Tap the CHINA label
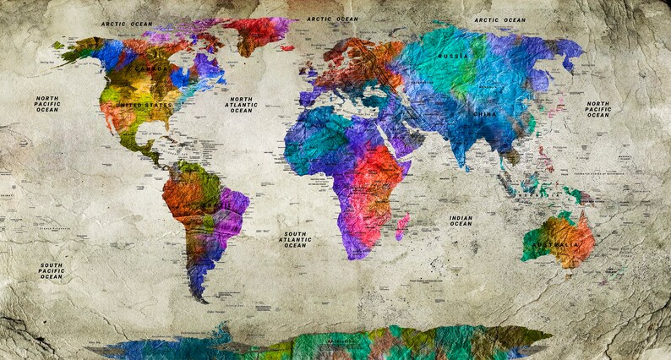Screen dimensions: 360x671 click(x=485, y=113)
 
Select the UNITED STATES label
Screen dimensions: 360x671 click(x=144, y=105)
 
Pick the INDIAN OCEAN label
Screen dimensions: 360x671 click(x=461, y=221)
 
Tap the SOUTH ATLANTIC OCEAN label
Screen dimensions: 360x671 click(x=295, y=239)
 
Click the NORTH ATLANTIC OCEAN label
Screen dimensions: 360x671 click(x=241, y=105)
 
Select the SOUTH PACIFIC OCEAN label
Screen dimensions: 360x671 click(x=51, y=270)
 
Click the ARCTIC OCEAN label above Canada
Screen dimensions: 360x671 click(x=126, y=25)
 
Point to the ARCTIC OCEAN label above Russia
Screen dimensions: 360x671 click(x=499, y=19)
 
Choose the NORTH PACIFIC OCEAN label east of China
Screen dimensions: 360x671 click(x=598, y=109)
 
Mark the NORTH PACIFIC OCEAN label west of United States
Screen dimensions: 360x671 click(x=47, y=104)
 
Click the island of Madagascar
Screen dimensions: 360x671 click(x=401, y=226)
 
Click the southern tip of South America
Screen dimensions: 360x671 click(x=200, y=297)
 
